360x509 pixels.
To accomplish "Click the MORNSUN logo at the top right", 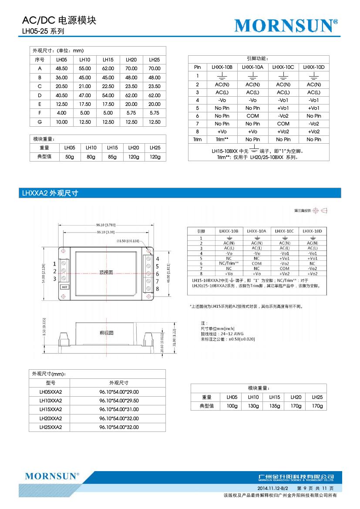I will point(286,26).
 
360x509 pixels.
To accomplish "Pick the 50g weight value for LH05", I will point(70,157).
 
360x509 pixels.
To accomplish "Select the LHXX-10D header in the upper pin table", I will point(314,67).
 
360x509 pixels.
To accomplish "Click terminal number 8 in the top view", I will point(157,288).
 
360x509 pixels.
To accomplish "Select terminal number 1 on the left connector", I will point(54,263).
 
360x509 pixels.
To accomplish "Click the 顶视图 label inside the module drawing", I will point(106,272).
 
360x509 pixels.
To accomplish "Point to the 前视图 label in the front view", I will point(106,333).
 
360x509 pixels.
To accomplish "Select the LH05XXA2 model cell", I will point(51,391).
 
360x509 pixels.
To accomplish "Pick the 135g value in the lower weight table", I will point(274,406).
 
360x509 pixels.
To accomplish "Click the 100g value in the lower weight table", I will point(232,406).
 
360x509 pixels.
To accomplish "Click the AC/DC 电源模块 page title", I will point(59,21).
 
